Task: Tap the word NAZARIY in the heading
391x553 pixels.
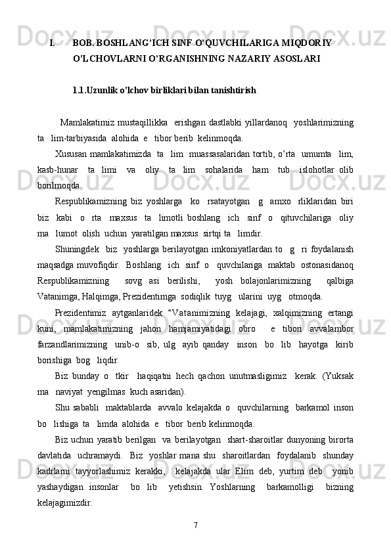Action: coord(246,58)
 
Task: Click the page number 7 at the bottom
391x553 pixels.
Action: coord(196,524)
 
